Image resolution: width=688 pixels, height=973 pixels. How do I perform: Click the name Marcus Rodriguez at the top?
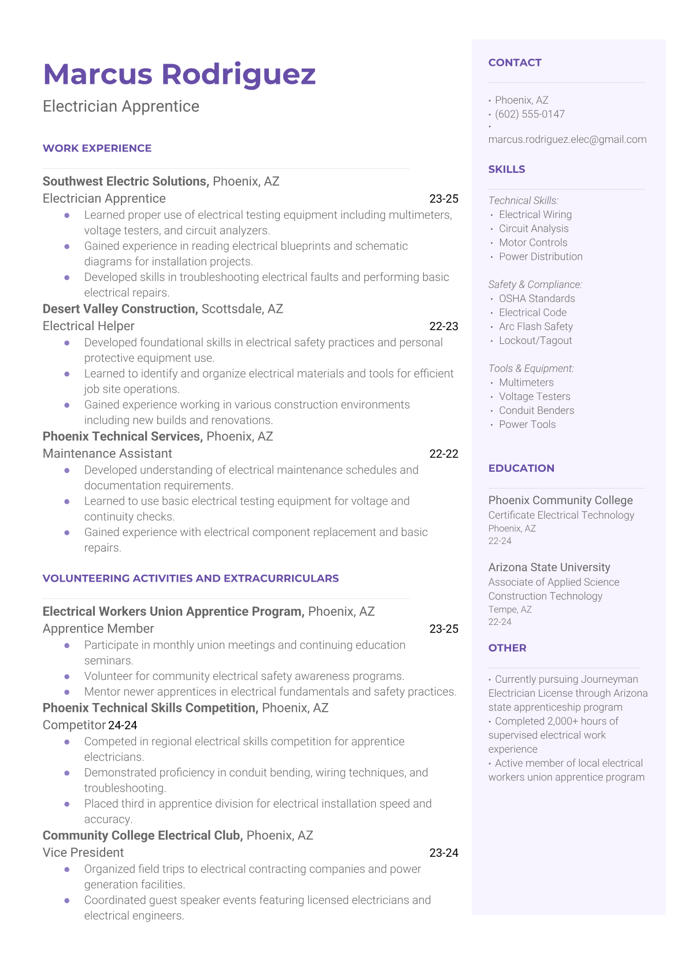click(179, 75)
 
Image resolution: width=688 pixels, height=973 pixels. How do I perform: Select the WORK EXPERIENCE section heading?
click(97, 149)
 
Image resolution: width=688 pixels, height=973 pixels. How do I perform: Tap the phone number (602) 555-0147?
click(530, 114)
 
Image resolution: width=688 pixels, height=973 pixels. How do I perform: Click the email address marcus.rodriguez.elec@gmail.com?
click(567, 139)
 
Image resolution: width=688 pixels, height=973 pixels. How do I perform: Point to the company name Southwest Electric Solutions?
click(125, 182)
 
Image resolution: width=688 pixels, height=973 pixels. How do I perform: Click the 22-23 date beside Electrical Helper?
click(443, 326)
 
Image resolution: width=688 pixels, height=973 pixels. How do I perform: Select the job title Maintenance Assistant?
click(108, 454)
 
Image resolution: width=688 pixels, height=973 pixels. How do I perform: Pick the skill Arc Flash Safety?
click(536, 327)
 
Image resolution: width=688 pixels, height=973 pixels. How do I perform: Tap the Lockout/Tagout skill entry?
click(535, 341)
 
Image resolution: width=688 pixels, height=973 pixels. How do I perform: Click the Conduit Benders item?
click(537, 410)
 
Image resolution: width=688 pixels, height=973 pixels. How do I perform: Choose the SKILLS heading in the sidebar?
click(506, 169)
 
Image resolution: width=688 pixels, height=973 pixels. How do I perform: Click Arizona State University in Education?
click(549, 568)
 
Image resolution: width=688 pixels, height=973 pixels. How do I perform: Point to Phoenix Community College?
click(560, 501)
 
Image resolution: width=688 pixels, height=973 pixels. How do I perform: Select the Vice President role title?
click(83, 853)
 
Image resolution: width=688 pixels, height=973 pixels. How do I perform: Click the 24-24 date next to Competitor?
click(123, 726)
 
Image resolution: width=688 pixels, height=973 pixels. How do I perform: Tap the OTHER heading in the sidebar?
click(507, 648)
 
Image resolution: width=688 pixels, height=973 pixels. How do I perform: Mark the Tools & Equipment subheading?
click(531, 369)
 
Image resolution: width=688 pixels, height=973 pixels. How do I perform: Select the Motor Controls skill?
click(533, 243)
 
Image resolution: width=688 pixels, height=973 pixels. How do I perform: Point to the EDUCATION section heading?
click(521, 468)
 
